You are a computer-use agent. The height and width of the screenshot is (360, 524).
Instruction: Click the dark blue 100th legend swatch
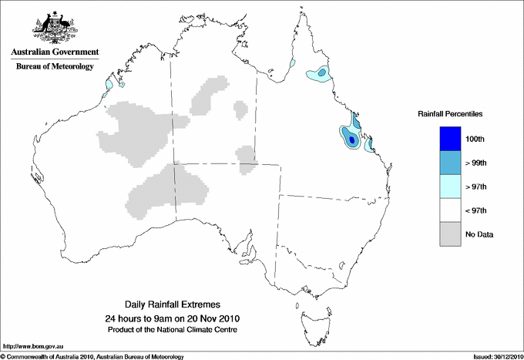tap(449, 139)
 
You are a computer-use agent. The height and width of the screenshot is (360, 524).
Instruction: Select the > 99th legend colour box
tap(449, 163)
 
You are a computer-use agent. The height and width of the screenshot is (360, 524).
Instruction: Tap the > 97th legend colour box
tap(449, 187)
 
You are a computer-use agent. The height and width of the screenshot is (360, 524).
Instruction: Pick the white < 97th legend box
tap(449, 210)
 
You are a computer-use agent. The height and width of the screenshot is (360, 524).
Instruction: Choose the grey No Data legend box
tap(449, 234)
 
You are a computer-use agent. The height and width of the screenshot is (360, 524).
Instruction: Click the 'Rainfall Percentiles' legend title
tap(450, 113)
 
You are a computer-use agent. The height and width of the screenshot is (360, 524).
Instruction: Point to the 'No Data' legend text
tap(479, 234)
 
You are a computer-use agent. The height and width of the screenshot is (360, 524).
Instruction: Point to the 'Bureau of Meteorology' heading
tap(54, 67)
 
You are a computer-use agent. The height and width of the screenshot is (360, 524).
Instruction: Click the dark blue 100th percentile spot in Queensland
tap(351, 140)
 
